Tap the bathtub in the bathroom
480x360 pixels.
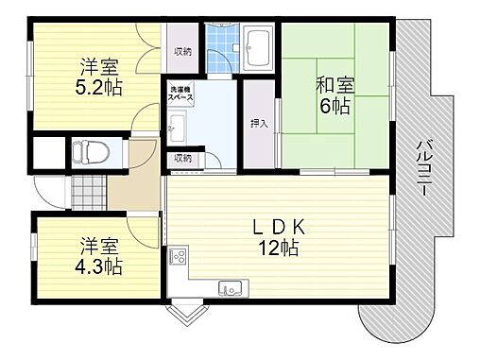coord(256,46)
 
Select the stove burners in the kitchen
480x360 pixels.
coord(178,257)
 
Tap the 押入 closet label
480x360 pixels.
coord(258,123)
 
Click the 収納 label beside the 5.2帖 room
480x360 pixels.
coord(181,52)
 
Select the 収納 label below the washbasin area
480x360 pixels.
coord(182,158)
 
